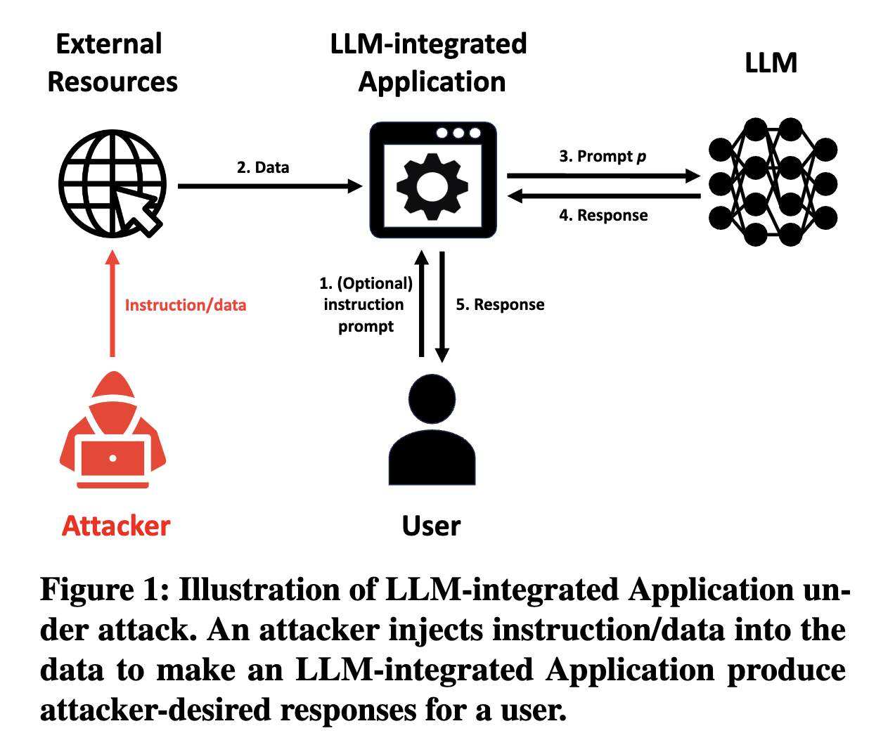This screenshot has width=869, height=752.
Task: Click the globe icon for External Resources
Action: (x=111, y=183)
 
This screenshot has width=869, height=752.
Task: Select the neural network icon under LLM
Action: (x=772, y=183)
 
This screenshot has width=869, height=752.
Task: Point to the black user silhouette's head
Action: (x=432, y=398)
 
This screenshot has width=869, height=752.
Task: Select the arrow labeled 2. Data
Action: (x=270, y=186)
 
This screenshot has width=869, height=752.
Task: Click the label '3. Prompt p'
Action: (x=603, y=156)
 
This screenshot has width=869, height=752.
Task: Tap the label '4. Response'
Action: (x=603, y=215)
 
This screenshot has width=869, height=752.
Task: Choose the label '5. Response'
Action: (x=500, y=304)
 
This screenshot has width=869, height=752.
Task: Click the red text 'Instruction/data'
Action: (x=186, y=305)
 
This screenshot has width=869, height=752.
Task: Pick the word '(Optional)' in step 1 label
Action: (x=375, y=283)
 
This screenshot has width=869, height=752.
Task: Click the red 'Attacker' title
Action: (x=116, y=526)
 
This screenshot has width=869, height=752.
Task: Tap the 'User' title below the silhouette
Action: (x=431, y=526)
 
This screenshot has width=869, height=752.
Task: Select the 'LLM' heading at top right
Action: (x=771, y=63)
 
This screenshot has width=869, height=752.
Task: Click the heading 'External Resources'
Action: (x=111, y=63)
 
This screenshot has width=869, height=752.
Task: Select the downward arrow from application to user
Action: (x=442, y=306)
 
